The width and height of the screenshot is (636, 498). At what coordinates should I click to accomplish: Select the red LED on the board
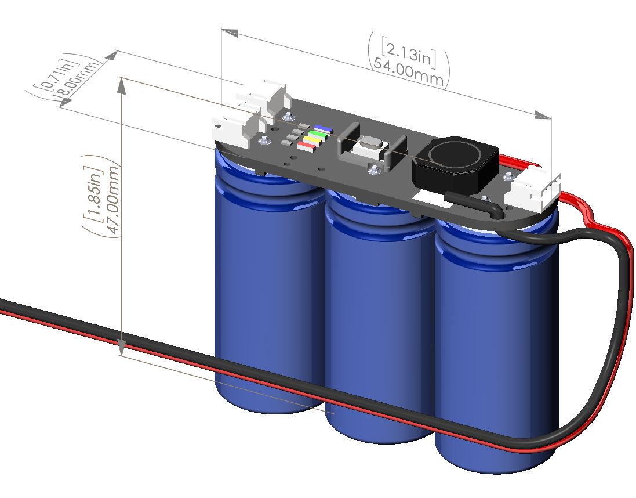(306, 147)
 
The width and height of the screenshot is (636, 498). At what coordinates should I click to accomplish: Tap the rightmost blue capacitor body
(493, 348)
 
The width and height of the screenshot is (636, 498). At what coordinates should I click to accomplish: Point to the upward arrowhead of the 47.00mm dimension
(121, 85)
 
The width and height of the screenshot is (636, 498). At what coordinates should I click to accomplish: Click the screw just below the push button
(374, 169)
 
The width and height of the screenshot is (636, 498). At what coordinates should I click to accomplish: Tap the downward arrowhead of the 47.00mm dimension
(121, 348)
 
